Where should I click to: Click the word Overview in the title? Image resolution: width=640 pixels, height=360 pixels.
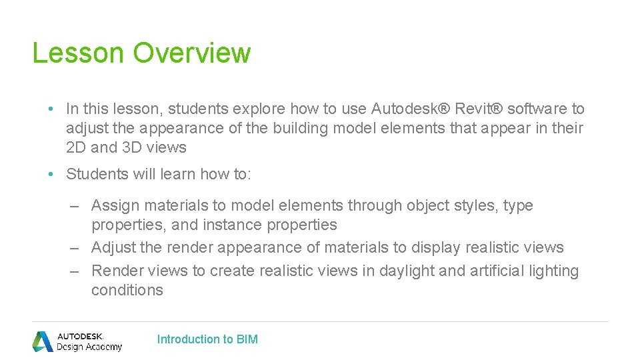(x=192, y=53)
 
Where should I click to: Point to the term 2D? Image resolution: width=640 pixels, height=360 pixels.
(x=76, y=147)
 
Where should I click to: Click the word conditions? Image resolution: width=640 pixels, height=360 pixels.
(x=127, y=290)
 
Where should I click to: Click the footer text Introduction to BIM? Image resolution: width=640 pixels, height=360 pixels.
(x=207, y=339)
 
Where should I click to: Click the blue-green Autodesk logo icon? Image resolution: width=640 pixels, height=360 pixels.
(x=43, y=341)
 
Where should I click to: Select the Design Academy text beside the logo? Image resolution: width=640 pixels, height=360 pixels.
(x=89, y=347)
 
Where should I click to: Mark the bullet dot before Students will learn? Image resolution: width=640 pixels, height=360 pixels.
(x=51, y=175)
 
